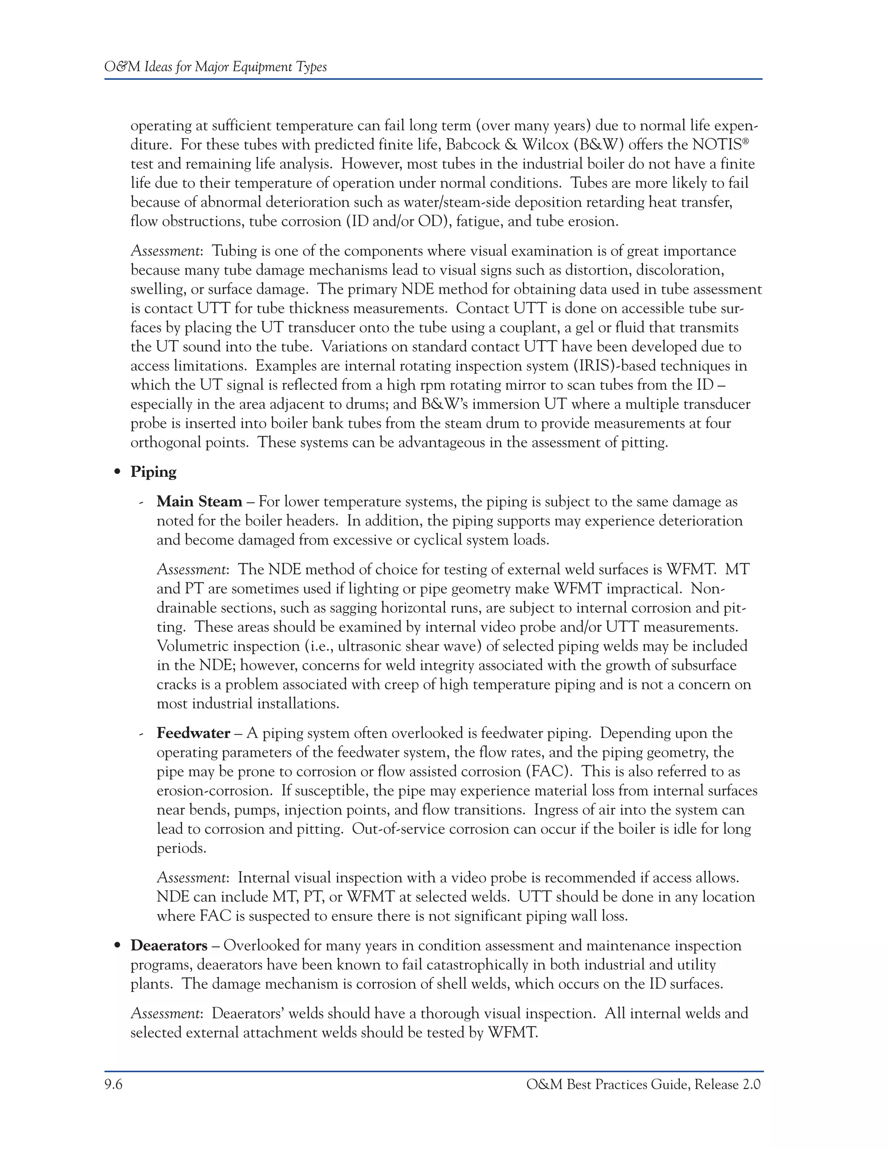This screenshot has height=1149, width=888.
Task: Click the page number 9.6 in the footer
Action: [x=113, y=1085]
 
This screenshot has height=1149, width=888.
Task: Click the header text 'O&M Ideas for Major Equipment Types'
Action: [x=215, y=67]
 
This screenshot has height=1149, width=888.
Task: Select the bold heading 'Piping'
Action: [x=153, y=472]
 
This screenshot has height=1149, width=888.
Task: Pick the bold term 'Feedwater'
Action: [x=193, y=733]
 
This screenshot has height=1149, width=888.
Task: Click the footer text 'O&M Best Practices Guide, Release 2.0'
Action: [x=643, y=1085]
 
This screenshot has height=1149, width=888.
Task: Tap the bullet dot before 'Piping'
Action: [x=118, y=473]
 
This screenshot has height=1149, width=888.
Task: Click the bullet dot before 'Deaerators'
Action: [x=118, y=946]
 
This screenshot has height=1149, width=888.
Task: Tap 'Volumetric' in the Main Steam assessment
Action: [x=192, y=646]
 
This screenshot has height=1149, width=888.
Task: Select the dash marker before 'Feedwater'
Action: [x=141, y=734]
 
